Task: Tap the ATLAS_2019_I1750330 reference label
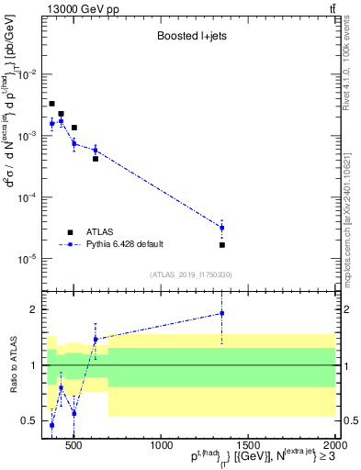pos(191,274)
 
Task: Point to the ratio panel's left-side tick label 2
pos(33,309)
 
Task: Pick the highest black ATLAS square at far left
pos(52,104)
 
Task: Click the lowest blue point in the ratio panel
pos(52,425)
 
